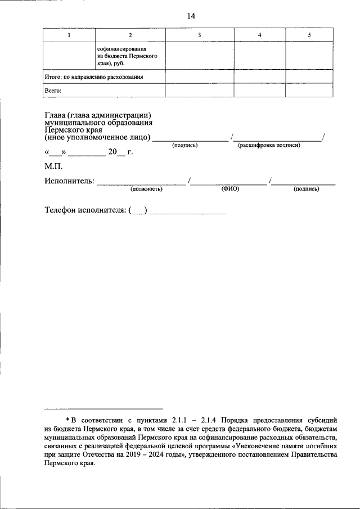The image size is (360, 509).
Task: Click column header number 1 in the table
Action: pyautogui.click(x=69, y=35)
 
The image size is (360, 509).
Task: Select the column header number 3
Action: pyautogui.click(x=199, y=35)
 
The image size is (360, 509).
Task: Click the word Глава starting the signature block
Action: pyautogui.click(x=55, y=116)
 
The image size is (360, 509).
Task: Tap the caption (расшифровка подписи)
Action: pyautogui.click(x=269, y=145)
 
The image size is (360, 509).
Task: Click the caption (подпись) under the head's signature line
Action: pyautogui.click(x=185, y=145)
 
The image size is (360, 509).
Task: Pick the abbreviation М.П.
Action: pyautogui.click(x=54, y=167)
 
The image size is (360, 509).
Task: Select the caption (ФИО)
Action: pyautogui.click(x=231, y=189)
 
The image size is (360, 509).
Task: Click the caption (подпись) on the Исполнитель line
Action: pyautogui.click(x=306, y=189)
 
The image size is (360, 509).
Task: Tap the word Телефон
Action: pyautogui.click(x=63, y=210)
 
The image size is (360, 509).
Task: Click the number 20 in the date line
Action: pyautogui.click(x=113, y=152)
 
